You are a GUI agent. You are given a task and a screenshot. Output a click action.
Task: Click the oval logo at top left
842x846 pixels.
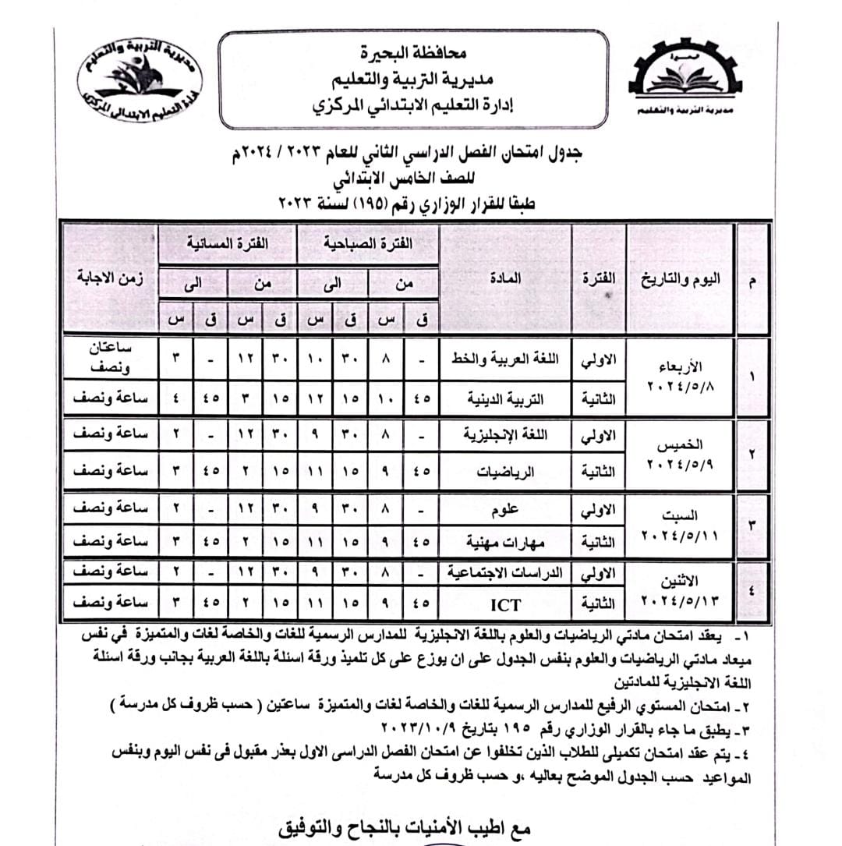pyautogui.click(x=140, y=76)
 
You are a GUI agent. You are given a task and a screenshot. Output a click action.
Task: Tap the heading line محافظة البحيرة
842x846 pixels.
pyautogui.click(x=413, y=54)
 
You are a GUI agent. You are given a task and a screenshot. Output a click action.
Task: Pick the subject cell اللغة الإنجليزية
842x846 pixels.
pyautogui.click(x=504, y=435)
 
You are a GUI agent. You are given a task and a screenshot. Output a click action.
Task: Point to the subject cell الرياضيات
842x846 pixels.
pyautogui.click(x=504, y=472)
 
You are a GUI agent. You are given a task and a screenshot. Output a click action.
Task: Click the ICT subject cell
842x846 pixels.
pyautogui.click(x=504, y=604)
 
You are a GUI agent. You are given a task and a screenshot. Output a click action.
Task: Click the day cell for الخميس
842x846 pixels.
pyautogui.click(x=680, y=453)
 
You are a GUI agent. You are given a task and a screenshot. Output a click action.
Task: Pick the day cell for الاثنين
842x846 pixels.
pyautogui.click(x=680, y=590)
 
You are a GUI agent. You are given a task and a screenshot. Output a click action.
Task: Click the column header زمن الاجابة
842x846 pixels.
pyautogui.click(x=109, y=278)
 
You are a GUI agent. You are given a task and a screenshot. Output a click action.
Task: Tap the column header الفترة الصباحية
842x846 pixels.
pyautogui.click(x=369, y=244)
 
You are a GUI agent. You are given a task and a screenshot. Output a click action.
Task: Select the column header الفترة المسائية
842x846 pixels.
pyautogui.click(x=227, y=244)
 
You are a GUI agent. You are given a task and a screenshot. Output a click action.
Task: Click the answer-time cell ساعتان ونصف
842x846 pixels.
pyautogui.click(x=109, y=360)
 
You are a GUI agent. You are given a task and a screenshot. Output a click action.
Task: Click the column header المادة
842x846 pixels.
pyautogui.click(x=504, y=278)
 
